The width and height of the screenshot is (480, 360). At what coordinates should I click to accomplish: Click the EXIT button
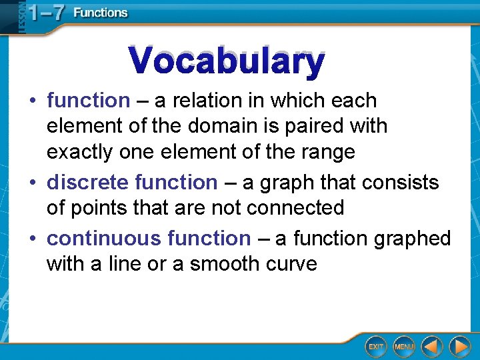click(x=376, y=347)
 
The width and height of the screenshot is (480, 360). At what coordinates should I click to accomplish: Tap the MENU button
click(x=404, y=347)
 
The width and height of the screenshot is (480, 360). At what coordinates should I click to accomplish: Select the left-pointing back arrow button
click(x=432, y=347)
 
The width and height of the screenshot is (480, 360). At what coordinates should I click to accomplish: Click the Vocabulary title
click(x=227, y=61)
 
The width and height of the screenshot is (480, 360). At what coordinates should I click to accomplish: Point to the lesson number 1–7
click(x=41, y=13)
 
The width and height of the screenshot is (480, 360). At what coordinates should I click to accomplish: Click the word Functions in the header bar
click(x=100, y=13)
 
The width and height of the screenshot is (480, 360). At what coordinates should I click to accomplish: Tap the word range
click(x=328, y=152)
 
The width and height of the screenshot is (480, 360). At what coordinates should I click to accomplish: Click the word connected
click(x=295, y=207)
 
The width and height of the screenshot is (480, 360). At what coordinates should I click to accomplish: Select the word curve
click(x=291, y=264)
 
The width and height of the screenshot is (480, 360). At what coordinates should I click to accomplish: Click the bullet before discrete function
click(x=32, y=182)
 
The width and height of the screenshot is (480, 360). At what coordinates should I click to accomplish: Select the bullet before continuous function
click(x=32, y=238)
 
